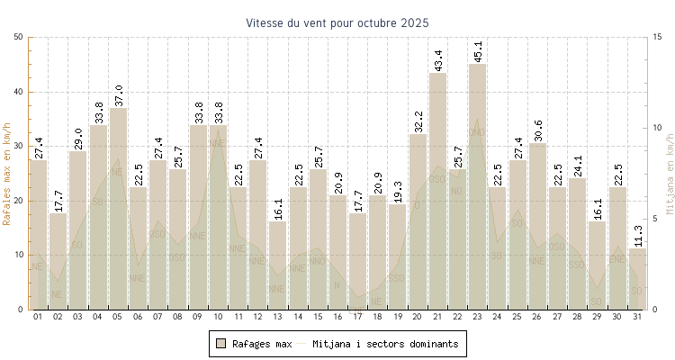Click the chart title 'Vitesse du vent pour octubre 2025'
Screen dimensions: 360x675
point(337,22)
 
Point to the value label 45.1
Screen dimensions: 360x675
point(478,51)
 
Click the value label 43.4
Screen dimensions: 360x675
point(438,60)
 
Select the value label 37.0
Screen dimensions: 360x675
point(119,95)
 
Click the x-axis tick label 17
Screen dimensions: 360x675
point(358,317)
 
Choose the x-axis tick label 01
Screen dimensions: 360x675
point(38,317)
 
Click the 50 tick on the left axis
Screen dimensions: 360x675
point(19,37)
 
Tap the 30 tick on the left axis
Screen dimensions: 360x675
point(19,146)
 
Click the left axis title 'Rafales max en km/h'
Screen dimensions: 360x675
point(8,174)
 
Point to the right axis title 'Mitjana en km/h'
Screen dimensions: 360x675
point(669,174)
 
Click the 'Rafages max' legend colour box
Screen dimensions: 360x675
point(220,343)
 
